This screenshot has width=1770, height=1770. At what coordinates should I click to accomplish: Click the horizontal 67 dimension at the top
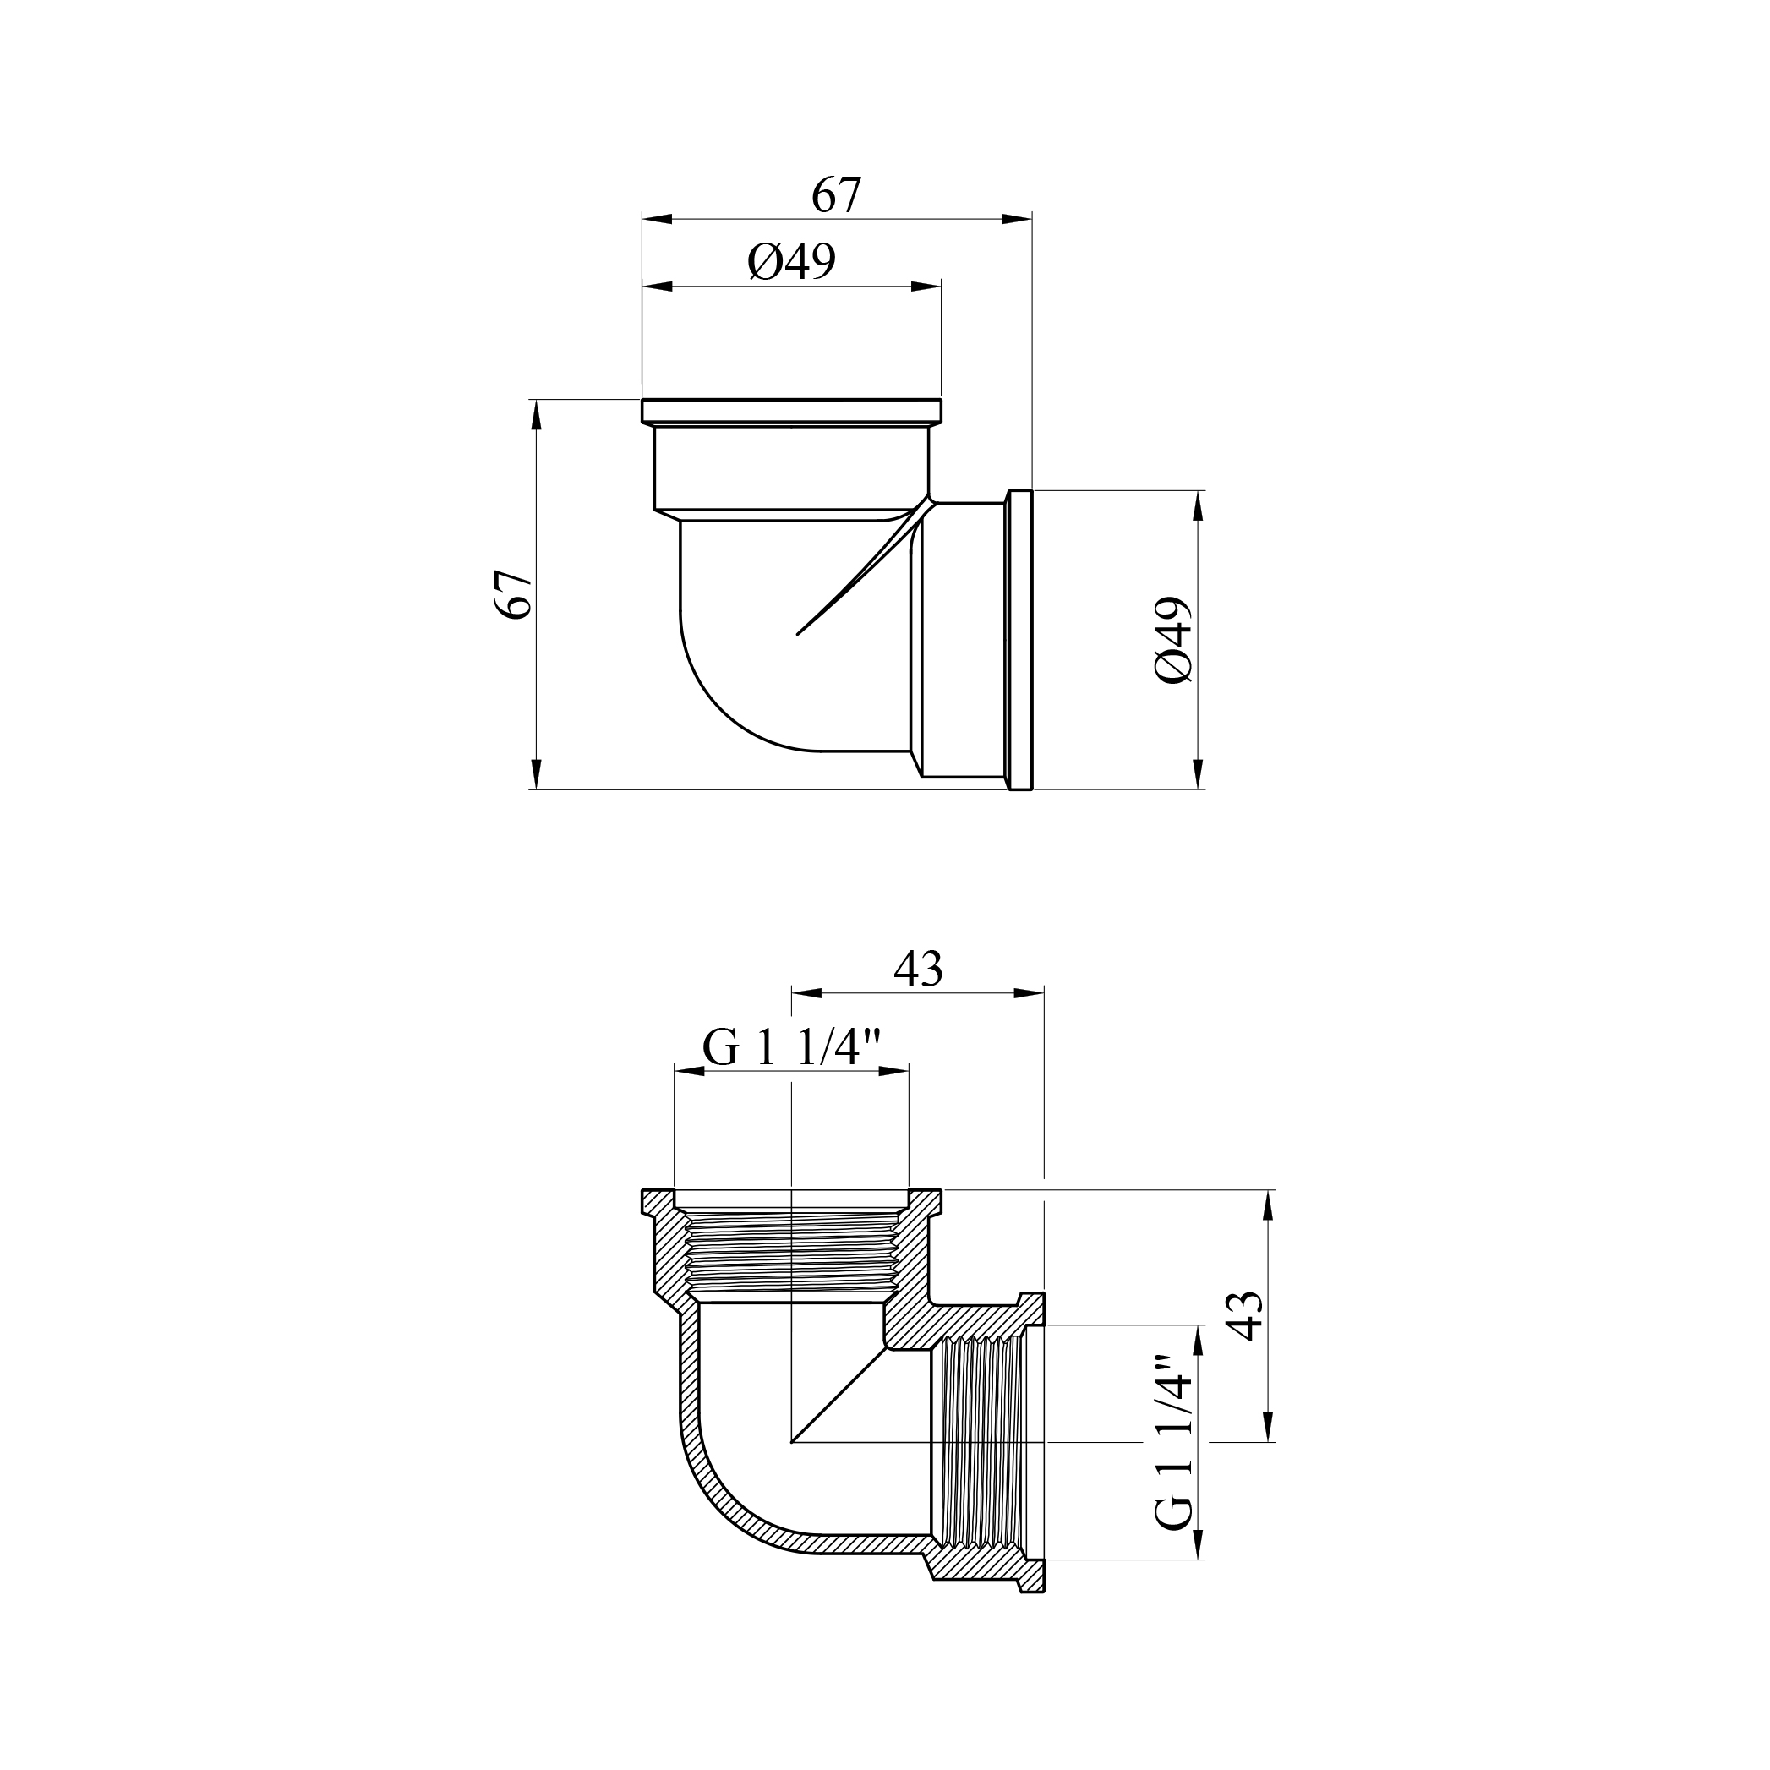837,195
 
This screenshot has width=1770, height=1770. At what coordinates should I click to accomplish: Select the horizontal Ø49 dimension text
791,263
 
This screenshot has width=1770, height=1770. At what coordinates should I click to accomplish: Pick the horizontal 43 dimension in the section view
918,970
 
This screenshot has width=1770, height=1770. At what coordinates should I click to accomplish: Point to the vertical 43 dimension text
1245,1315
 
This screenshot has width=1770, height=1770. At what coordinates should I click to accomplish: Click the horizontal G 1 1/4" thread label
791,1047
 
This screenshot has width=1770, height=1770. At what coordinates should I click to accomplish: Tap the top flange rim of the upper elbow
791,411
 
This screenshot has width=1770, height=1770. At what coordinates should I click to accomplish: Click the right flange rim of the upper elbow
1019,640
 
